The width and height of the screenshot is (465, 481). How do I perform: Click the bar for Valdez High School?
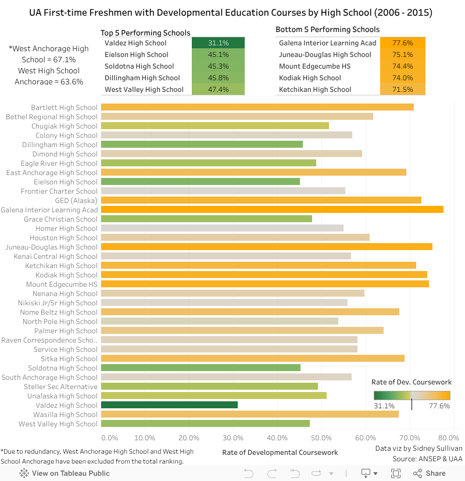point(169,405)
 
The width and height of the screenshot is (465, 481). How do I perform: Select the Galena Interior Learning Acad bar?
point(272,209)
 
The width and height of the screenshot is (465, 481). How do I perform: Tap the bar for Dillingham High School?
point(202,144)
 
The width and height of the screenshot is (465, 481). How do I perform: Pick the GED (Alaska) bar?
point(261,200)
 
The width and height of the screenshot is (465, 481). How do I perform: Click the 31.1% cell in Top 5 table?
point(218,43)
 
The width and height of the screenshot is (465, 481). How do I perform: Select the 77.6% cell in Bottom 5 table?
point(403,43)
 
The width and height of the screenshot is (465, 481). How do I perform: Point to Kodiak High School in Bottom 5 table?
point(310,78)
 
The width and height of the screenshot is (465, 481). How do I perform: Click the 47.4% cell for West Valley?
point(218,90)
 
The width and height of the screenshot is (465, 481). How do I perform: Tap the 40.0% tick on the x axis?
point(277,438)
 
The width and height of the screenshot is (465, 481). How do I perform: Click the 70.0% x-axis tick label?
point(410,438)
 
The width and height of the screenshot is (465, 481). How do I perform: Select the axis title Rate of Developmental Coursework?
point(280,452)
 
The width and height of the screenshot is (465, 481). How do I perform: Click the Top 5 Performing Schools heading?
point(145,33)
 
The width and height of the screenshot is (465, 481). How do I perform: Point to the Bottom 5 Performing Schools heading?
point(327,29)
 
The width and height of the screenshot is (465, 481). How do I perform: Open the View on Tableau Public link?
point(65,473)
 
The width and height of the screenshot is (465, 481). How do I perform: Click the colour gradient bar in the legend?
point(412,395)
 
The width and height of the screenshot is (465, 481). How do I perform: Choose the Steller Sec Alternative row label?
point(60,386)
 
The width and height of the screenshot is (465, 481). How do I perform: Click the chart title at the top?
point(231,12)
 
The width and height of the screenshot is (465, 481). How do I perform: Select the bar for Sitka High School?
point(252,358)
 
